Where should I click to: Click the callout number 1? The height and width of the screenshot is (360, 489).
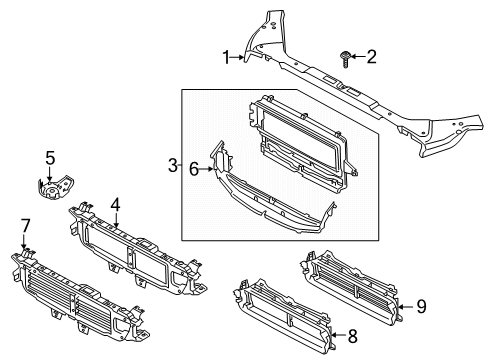pyautogui.click(x=226, y=57)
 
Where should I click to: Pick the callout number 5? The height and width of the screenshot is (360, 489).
pyautogui.click(x=49, y=157)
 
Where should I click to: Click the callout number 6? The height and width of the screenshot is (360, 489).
pyautogui.click(x=193, y=169)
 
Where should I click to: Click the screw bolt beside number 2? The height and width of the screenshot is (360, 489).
pyautogui.click(x=344, y=59)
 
